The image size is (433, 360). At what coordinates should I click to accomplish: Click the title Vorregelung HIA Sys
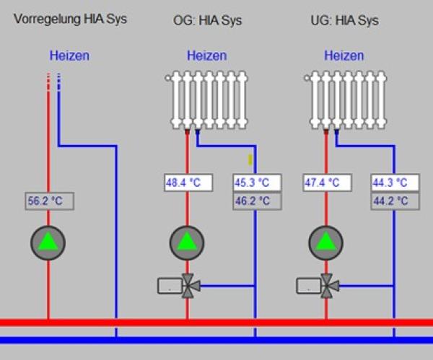pyautogui.click(x=70, y=19)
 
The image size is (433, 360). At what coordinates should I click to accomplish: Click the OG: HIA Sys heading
pyautogui.click(x=208, y=21)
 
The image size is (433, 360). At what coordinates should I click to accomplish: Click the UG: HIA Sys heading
pyautogui.click(x=344, y=21)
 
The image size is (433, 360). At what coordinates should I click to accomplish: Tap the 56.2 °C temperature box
pyautogui.click(x=49, y=202)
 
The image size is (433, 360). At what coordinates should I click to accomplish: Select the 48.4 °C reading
pyautogui.click(x=188, y=183)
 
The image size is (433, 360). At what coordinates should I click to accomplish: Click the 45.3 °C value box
pyautogui.click(x=255, y=183)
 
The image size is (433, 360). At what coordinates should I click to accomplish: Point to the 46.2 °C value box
pyautogui.click(x=255, y=201)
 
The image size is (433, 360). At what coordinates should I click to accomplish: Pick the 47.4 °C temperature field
pyautogui.click(x=325, y=183)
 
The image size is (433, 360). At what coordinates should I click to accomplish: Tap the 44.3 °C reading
pyautogui.click(x=394, y=183)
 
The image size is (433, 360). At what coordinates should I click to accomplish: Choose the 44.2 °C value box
pyautogui.click(x=394, y=201)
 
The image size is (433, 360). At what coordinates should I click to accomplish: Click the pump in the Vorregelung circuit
pyautogui.click(x=48, y=243)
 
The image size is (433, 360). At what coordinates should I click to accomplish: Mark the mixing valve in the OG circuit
pyautogui.click(x=191, y=286)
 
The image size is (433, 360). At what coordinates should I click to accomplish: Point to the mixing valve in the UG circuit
pyautogui.click(x=329, y=286)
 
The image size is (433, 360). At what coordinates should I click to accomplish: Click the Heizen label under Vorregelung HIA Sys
pyautogui.click(x=69, y=56)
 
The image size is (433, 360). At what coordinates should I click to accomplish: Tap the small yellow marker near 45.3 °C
pyautogui.click(x=250, y=159)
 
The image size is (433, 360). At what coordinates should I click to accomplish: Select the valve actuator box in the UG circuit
pyautogui.click(x=308, y=286)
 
